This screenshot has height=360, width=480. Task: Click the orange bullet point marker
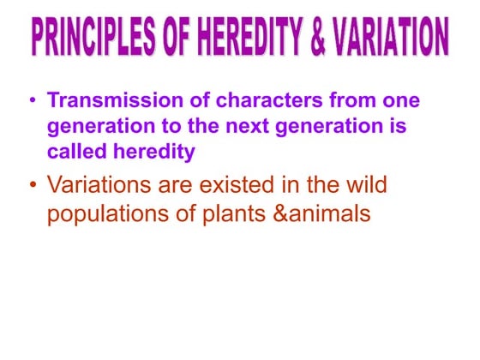33,185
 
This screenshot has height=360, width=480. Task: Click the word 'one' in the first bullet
400,101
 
